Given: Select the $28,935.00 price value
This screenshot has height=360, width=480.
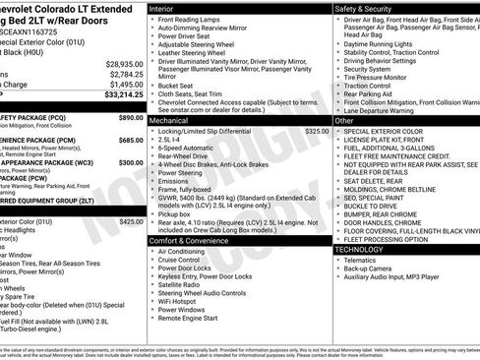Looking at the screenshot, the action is (x=125, y=64).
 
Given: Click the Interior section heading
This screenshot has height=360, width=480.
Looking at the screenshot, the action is (x=163, y=7).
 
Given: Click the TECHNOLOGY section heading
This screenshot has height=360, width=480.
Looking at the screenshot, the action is (x=358, y=249).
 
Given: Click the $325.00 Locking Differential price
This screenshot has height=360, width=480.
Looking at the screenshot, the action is (x=317, y=130).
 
